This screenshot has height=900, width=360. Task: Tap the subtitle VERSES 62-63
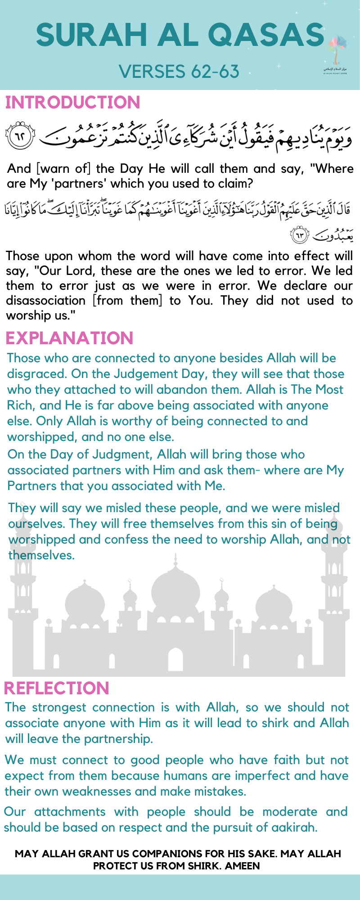coord(179,71)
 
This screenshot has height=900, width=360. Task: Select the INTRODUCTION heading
coord(72,103)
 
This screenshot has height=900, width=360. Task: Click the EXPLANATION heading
coord(69,338)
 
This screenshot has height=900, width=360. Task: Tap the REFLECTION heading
coord(56,688)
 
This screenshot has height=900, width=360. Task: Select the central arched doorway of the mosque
coord(175,659)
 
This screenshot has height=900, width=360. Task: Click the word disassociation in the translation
coord(45,300)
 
